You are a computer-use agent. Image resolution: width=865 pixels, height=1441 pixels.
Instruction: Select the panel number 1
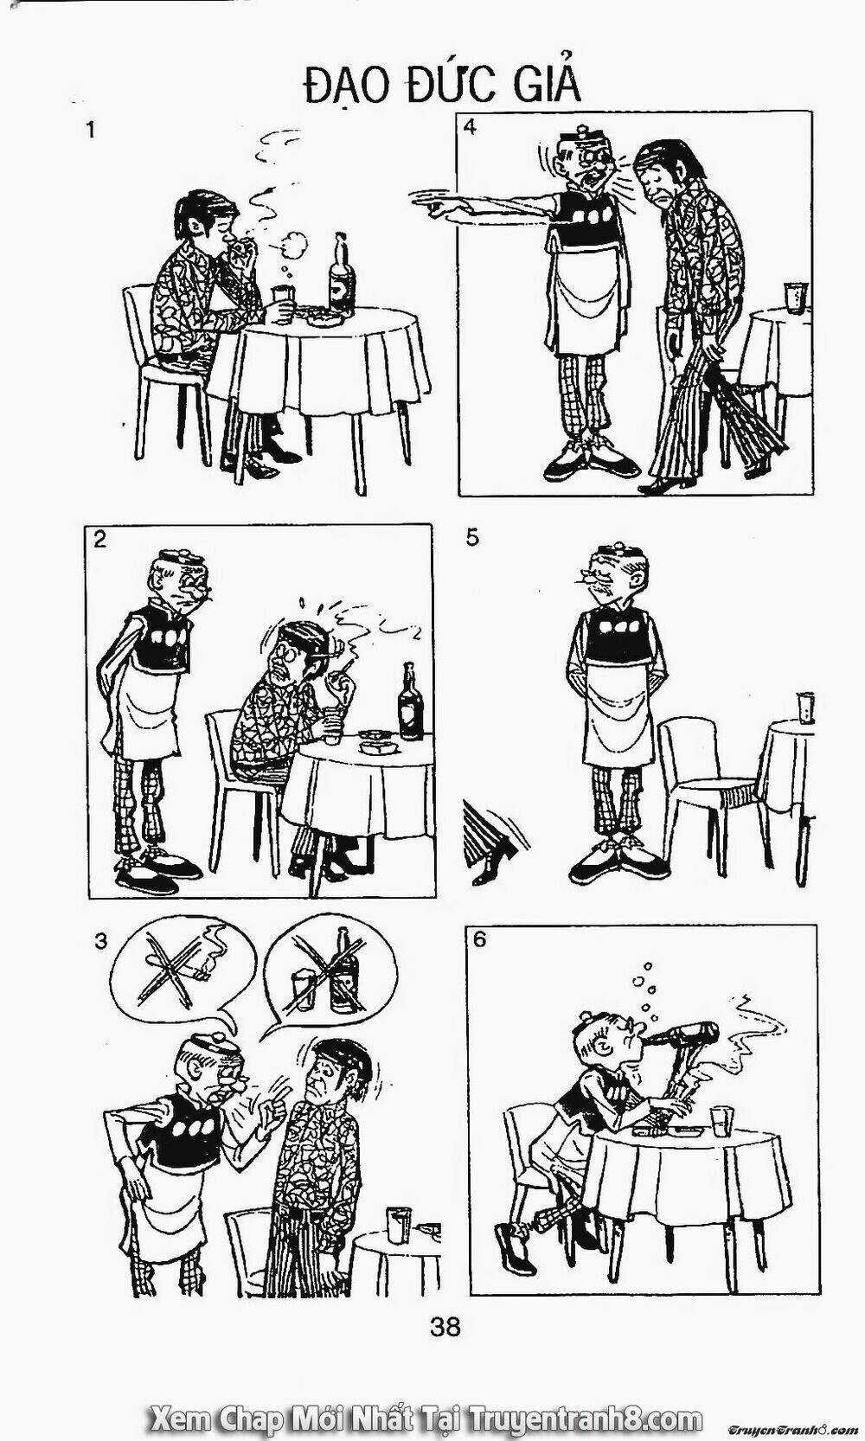(x=90, y=131)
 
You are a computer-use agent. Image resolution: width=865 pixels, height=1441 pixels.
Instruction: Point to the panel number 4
(x=470, y=127)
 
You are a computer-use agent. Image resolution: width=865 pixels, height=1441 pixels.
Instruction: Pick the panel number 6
(x=479, y=940)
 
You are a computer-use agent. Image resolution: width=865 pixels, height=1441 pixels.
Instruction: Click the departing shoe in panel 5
(x=494, y=861)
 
